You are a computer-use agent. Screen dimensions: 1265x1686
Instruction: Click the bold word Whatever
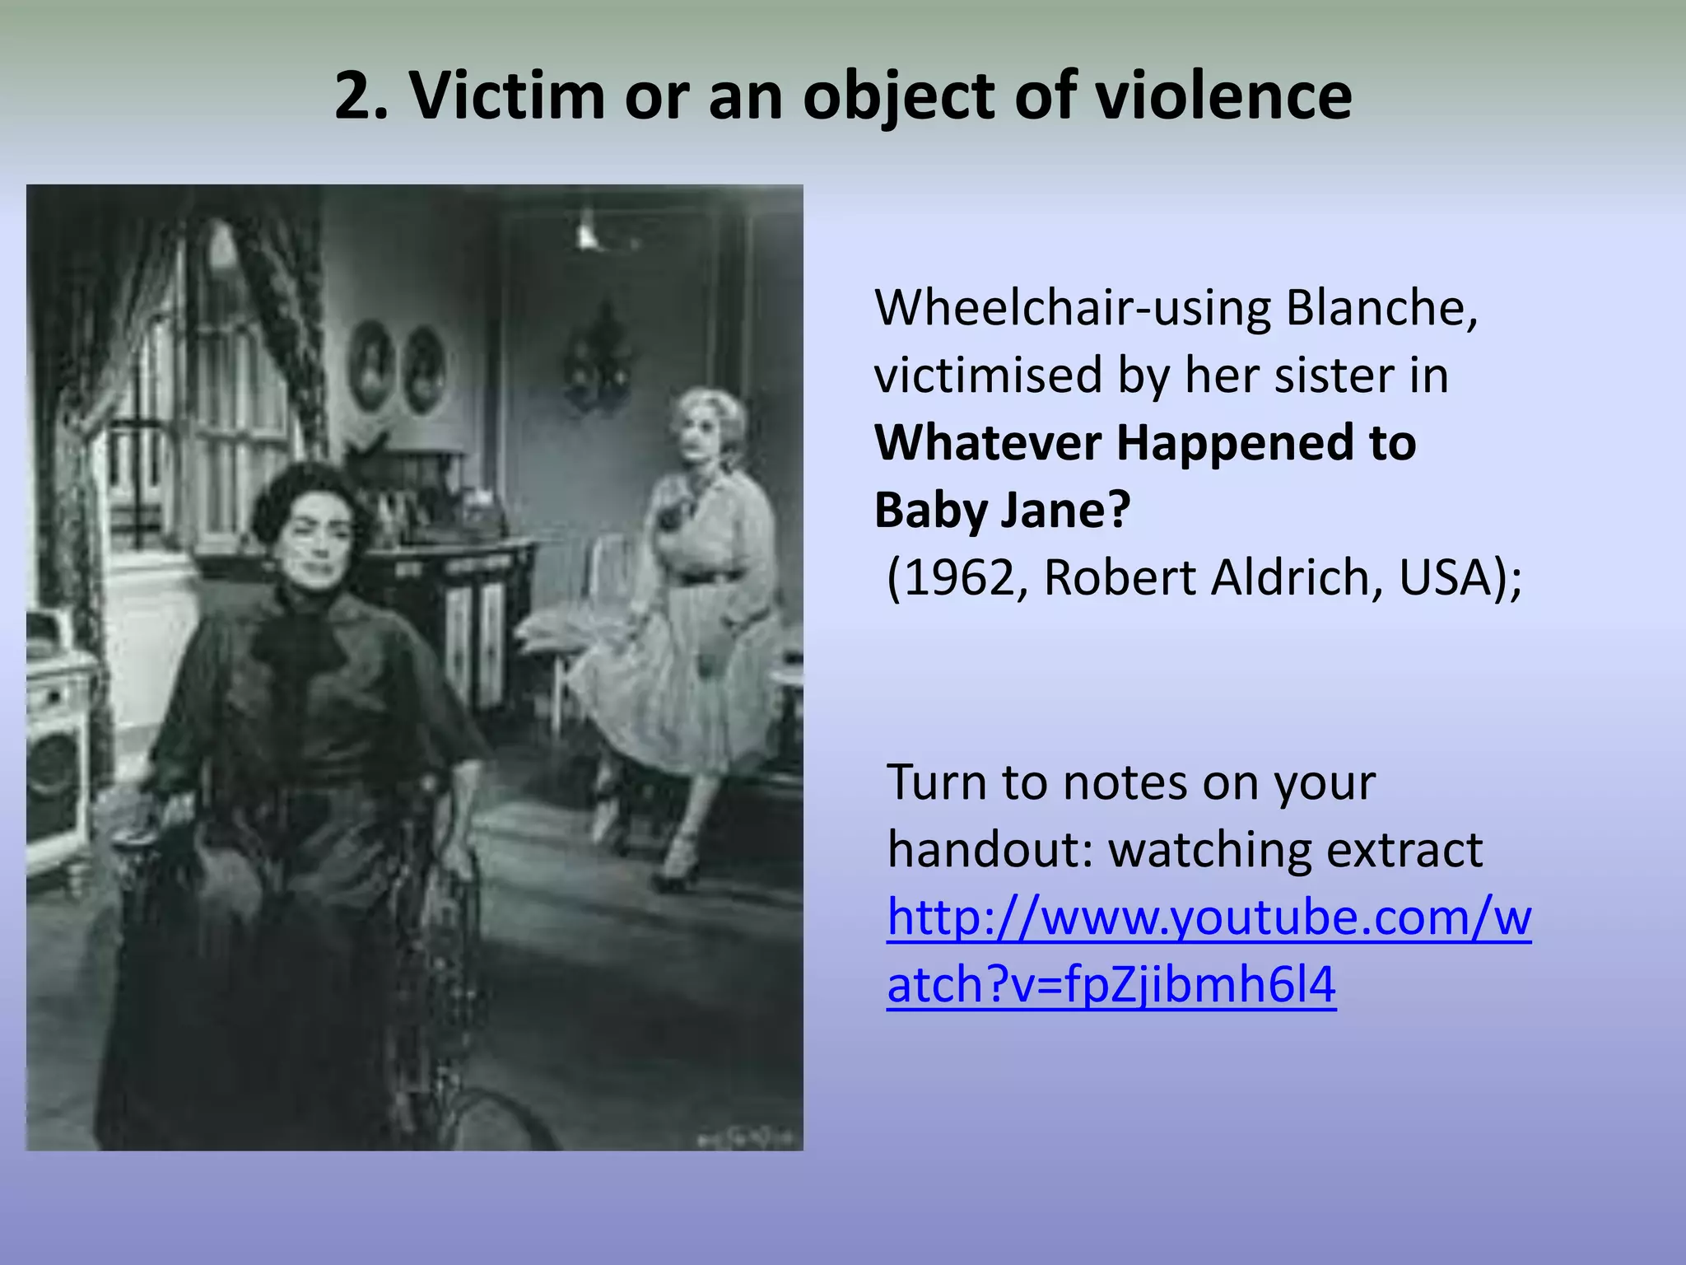987,443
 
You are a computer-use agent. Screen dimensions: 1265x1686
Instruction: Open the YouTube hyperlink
1209,917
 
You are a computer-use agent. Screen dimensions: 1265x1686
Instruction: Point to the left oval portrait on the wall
372,366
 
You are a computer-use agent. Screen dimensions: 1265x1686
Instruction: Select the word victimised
988,376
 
